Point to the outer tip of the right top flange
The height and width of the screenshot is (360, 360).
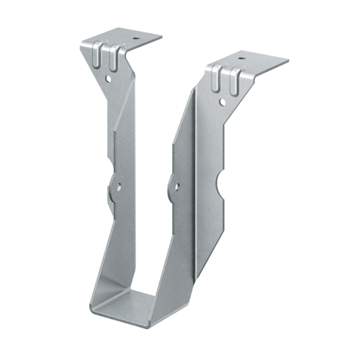click(288, 61)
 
